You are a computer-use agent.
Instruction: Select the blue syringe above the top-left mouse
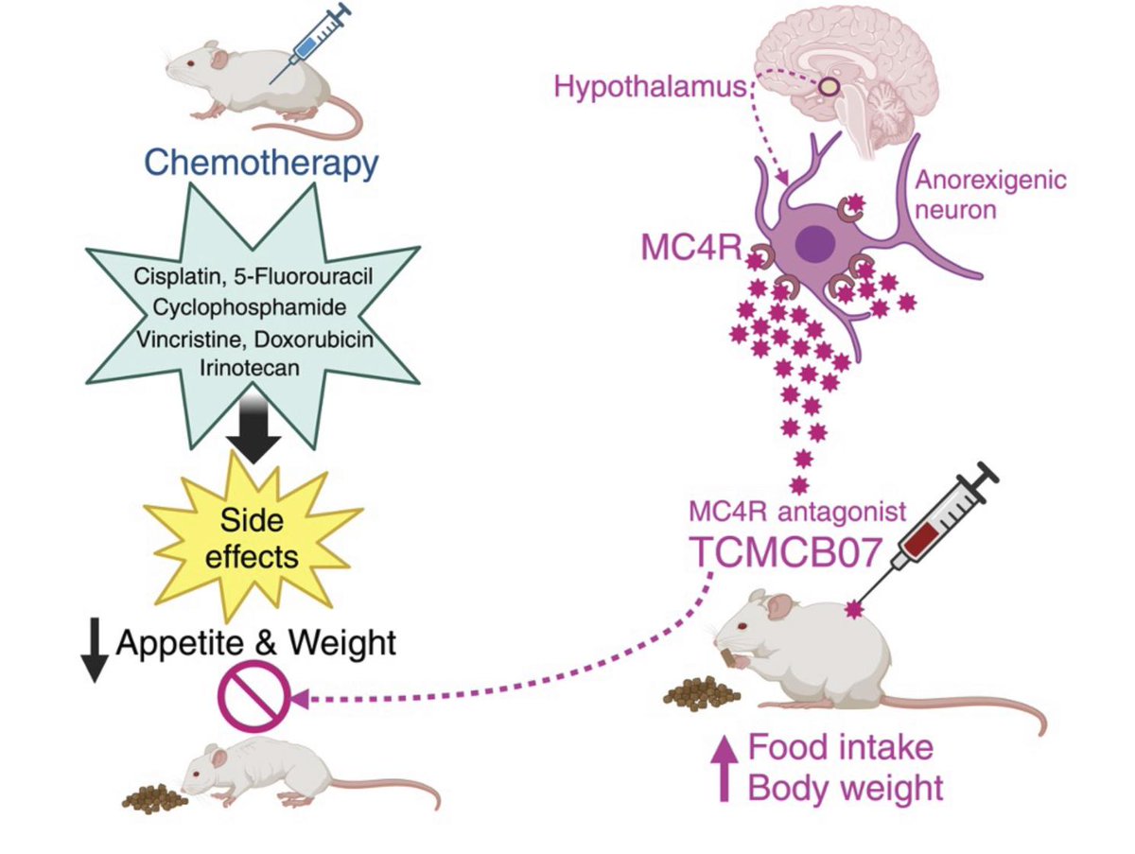(312, 44)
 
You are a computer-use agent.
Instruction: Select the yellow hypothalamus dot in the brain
(828, 87)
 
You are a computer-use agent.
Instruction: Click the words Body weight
(845, 787)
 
